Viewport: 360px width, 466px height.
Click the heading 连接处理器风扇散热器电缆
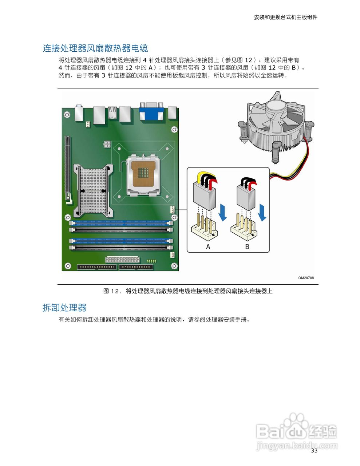[95, 48]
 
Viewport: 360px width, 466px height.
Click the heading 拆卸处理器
[64, 308]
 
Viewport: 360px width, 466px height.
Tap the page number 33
[314, 451]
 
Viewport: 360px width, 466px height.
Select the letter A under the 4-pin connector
[208, 247]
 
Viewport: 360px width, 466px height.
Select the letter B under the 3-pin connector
[247, 247]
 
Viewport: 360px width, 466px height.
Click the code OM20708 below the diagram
[306, 278]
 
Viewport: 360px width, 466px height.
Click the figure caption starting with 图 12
[188, 291]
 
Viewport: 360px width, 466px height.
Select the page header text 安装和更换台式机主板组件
[285, 17]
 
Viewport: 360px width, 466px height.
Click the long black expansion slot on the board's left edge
[67, 168]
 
